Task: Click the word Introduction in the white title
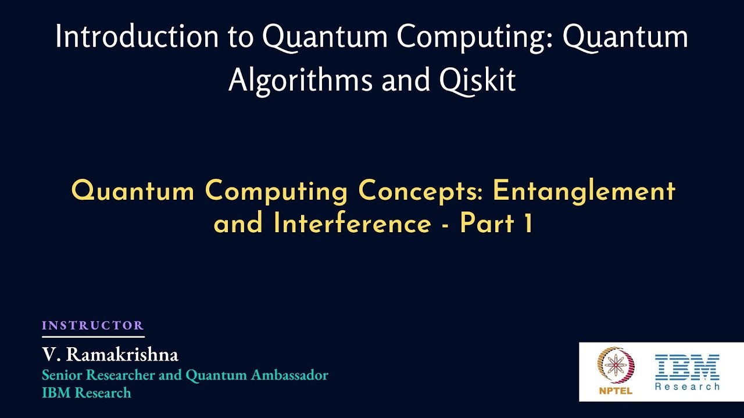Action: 136,37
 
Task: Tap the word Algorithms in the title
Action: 301,80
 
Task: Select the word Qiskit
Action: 478,80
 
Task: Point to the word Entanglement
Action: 584,190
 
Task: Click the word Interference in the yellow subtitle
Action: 352,224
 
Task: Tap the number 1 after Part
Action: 528,224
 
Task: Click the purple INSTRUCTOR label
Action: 92,326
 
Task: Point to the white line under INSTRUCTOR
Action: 92,336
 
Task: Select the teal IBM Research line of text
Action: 86,393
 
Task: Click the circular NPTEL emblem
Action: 616,366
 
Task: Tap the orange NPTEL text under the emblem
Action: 616,391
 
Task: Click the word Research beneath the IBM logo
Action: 687,386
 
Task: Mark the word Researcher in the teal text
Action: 121,375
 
